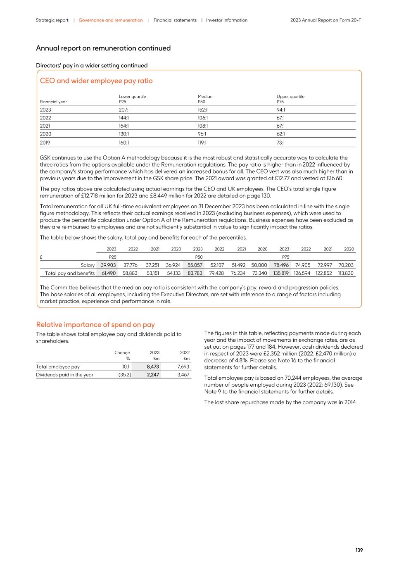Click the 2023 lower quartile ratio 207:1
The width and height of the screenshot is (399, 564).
(124, 110)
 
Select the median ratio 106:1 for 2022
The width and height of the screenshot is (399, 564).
(203, 118)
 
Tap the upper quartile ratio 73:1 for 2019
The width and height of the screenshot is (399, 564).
(280, 143)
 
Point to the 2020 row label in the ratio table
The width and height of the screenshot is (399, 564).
(45, 134)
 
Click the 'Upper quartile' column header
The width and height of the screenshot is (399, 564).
(290, 97)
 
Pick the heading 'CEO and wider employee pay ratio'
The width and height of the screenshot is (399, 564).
(96, 81)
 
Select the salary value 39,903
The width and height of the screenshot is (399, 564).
(108, 265)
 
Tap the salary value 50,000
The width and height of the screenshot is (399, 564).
(259, 265)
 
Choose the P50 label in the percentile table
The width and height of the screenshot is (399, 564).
(199, 257)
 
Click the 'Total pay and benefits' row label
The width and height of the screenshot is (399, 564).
(70, 273)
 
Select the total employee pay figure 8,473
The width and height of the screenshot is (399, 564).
(153, 366)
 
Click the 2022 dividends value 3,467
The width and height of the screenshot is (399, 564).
(183, 375)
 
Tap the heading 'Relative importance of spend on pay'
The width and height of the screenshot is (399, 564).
(95, 325)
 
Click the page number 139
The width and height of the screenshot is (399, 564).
(359, 550)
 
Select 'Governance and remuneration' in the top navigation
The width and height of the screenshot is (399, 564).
(111, 20)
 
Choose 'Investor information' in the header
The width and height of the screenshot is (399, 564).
(227, 20)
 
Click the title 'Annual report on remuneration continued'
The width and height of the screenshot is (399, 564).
(103, 48)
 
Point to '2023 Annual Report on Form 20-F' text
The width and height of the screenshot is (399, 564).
(325, 20)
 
